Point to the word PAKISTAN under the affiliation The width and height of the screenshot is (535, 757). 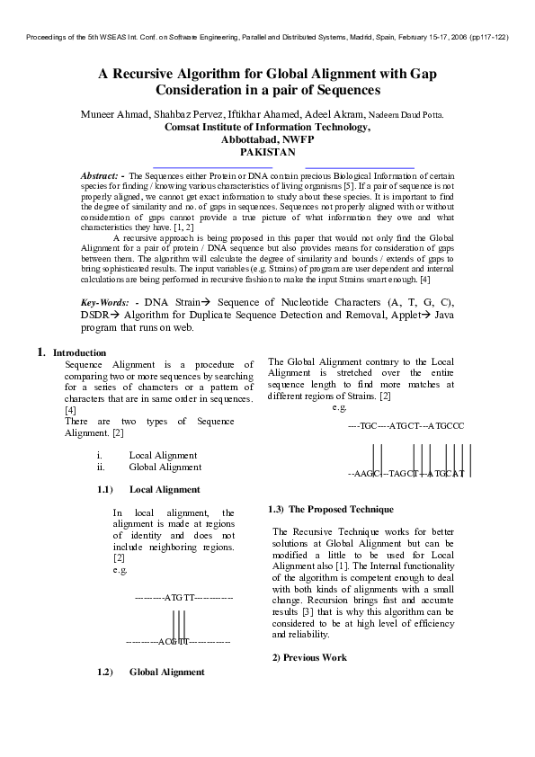[x=267, y=153]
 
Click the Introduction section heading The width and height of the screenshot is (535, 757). [x=80, y=352]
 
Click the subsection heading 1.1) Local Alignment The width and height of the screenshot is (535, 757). [x=165, y=490]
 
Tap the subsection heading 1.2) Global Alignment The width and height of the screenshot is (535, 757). [x=166, y=672]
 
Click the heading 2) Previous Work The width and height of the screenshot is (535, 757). [x=309, y=657]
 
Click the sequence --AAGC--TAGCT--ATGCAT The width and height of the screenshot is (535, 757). [x=406, y=473]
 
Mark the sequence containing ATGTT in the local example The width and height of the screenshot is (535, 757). [x=183, y=597]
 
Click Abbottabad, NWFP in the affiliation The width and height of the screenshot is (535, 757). [x=267, y=140]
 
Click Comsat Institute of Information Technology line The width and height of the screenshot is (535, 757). [x=267, y=128]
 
